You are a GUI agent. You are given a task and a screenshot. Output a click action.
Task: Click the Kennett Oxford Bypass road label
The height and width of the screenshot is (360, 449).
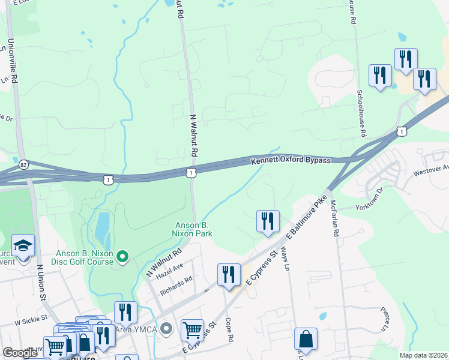291,161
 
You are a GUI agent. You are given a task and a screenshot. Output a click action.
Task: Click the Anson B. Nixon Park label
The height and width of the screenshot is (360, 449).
192,229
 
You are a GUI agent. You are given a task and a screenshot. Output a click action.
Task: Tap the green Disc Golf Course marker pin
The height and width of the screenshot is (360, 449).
122,257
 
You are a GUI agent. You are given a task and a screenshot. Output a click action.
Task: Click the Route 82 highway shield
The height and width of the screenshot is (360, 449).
23,163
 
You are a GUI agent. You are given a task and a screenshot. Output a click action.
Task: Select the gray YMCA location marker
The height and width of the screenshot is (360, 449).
167,328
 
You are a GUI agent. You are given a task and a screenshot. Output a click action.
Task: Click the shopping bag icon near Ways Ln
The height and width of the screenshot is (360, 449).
306,338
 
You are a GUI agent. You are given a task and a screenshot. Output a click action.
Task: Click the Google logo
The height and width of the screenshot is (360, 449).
20,353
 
